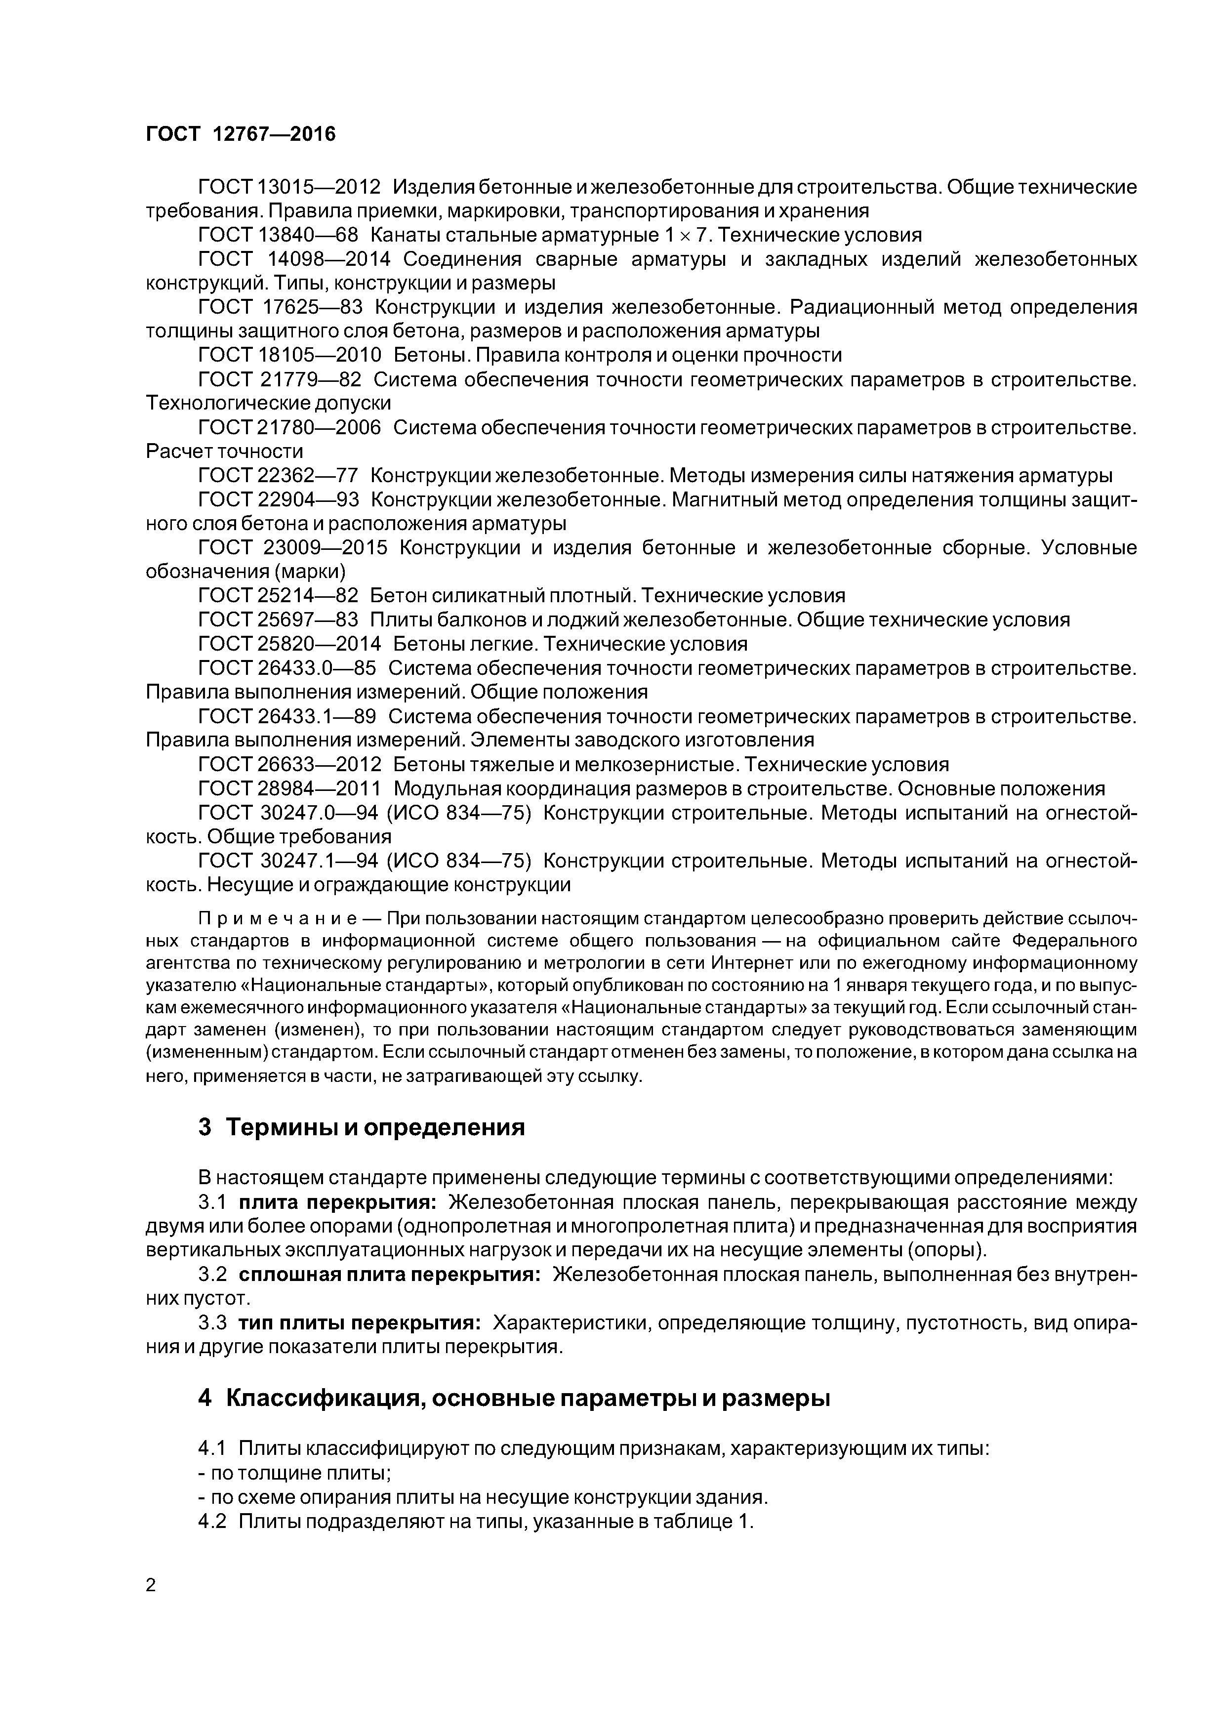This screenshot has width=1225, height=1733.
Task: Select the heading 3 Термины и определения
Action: [361, 1128]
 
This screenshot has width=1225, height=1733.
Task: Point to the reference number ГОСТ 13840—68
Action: [278, 235]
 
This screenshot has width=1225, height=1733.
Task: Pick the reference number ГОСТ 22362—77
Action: [278, 476]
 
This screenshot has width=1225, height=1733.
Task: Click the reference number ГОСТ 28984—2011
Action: [289, 789]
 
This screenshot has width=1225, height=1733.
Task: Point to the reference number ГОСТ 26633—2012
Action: [289, 765]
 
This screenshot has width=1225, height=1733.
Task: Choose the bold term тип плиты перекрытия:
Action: [360, 1322]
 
